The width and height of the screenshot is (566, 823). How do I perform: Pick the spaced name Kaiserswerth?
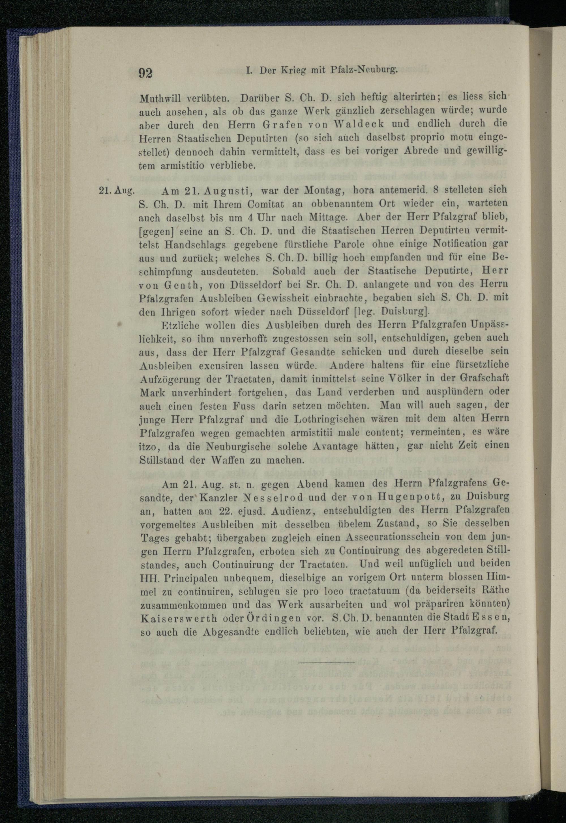179,619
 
